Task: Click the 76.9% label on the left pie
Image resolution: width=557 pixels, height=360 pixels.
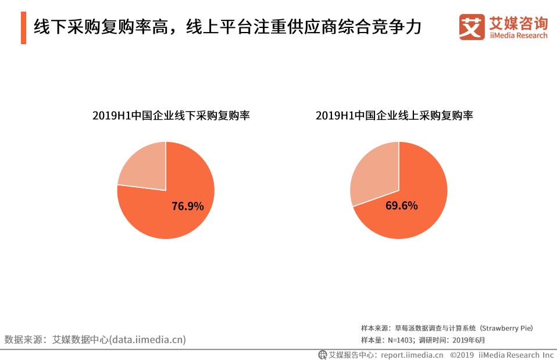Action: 187,206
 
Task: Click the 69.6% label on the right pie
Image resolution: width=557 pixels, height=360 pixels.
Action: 401,206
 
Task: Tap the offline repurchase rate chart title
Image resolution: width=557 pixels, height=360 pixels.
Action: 171,116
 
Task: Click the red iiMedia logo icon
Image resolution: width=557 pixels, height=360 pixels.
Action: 471,27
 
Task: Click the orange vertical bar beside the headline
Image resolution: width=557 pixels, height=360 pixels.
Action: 23,28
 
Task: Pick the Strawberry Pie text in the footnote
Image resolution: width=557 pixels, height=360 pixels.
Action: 508,329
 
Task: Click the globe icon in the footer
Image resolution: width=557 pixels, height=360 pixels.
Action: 323,354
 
